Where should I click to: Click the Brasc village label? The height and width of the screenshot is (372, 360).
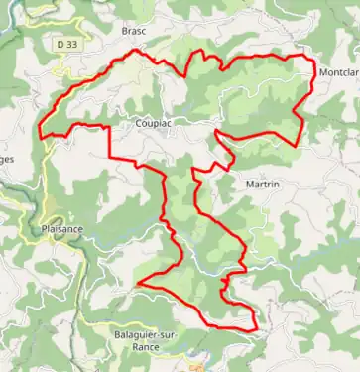click(134, 31)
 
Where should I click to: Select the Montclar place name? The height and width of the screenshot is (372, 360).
click(338, 73)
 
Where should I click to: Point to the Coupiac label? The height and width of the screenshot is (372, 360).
click(152, 124)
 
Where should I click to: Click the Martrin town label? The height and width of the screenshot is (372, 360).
click(260, 184)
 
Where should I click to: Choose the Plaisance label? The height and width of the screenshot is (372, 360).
click(62, 229)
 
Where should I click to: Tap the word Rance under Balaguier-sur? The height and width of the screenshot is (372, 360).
click(145, 347)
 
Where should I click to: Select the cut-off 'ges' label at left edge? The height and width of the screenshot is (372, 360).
click(7, 158)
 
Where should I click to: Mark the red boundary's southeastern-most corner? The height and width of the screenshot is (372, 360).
click(256, 327)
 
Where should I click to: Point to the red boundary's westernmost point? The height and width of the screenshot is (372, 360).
click(39, 134)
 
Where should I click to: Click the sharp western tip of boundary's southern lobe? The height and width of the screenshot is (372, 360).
click(137, 284)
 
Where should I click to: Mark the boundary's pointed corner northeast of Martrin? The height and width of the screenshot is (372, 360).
click(299, 145)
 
